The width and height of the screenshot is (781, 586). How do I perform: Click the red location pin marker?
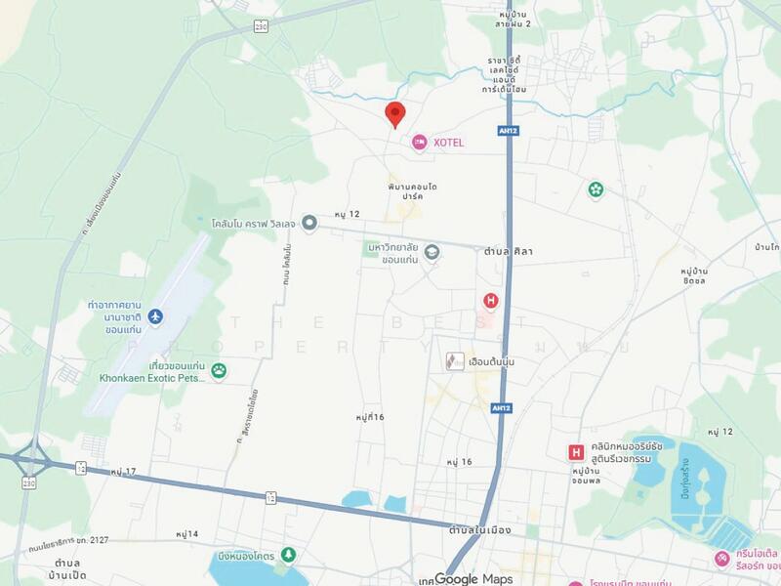click(x=394, y=113)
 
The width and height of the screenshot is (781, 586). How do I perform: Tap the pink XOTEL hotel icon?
click(x=419, y=143)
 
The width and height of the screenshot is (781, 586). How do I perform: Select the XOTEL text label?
click(x=448, y=143)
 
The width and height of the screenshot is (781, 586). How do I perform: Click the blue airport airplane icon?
click(x=157, y=317)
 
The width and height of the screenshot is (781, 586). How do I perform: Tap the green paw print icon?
click(x=220, y=369)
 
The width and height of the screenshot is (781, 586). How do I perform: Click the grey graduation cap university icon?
click(x=432, y=253)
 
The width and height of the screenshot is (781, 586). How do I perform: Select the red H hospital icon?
click(x=491, y=300)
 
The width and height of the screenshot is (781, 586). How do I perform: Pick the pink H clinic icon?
click(x=577, y=452)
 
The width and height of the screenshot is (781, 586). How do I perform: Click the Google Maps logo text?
click(x=473, y=578)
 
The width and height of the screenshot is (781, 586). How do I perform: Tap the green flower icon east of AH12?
click(x=596, y=189)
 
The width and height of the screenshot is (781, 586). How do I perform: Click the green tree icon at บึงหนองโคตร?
click(x=287, y=555)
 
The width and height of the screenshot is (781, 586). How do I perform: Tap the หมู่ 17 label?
click(x=124, y=472)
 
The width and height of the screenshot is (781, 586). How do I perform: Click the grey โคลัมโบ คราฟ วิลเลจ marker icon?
click(x=309, y=223)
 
